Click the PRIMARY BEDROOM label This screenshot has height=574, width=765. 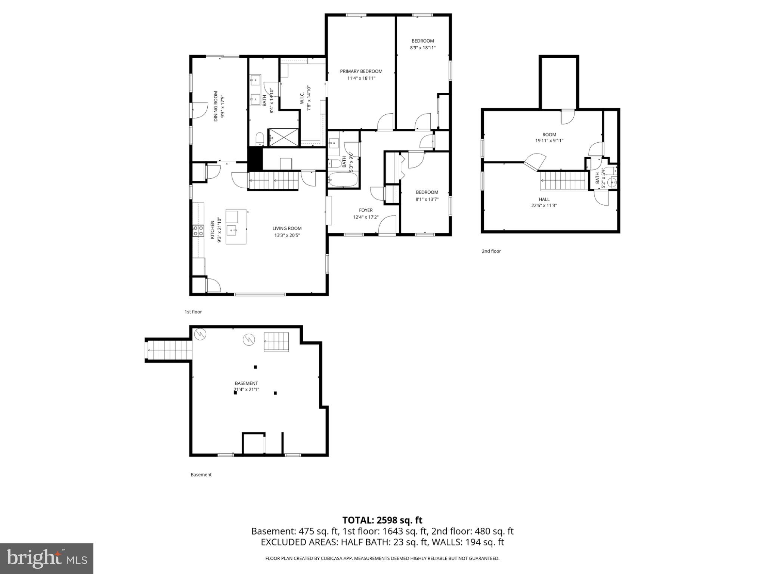coord(361,71)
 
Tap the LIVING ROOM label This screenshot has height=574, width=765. coord(287,228)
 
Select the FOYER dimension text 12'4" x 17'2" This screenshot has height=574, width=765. coord(366,217)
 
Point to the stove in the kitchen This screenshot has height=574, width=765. coord(198,231)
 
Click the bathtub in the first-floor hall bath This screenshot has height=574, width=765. coord(343,180)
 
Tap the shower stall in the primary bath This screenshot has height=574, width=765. coord(284,137)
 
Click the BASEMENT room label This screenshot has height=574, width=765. coord(246,383)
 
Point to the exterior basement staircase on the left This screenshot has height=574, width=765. coord(169,350)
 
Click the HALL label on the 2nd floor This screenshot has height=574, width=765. coord(544,199)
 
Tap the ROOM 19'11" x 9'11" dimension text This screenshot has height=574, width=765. coord(549,141)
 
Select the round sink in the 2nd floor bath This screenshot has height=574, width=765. coord(611,183)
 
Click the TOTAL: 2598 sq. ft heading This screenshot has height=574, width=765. coord(382,520)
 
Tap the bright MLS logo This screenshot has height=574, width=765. coord(47,558)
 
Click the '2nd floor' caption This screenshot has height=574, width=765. coord(491,251)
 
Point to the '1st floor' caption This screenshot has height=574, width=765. coord(193,312)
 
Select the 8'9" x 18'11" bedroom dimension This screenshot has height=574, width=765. coord(422,48)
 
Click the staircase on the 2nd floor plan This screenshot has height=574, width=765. coord(563,181)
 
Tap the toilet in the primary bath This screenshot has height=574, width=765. coord(260,139)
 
